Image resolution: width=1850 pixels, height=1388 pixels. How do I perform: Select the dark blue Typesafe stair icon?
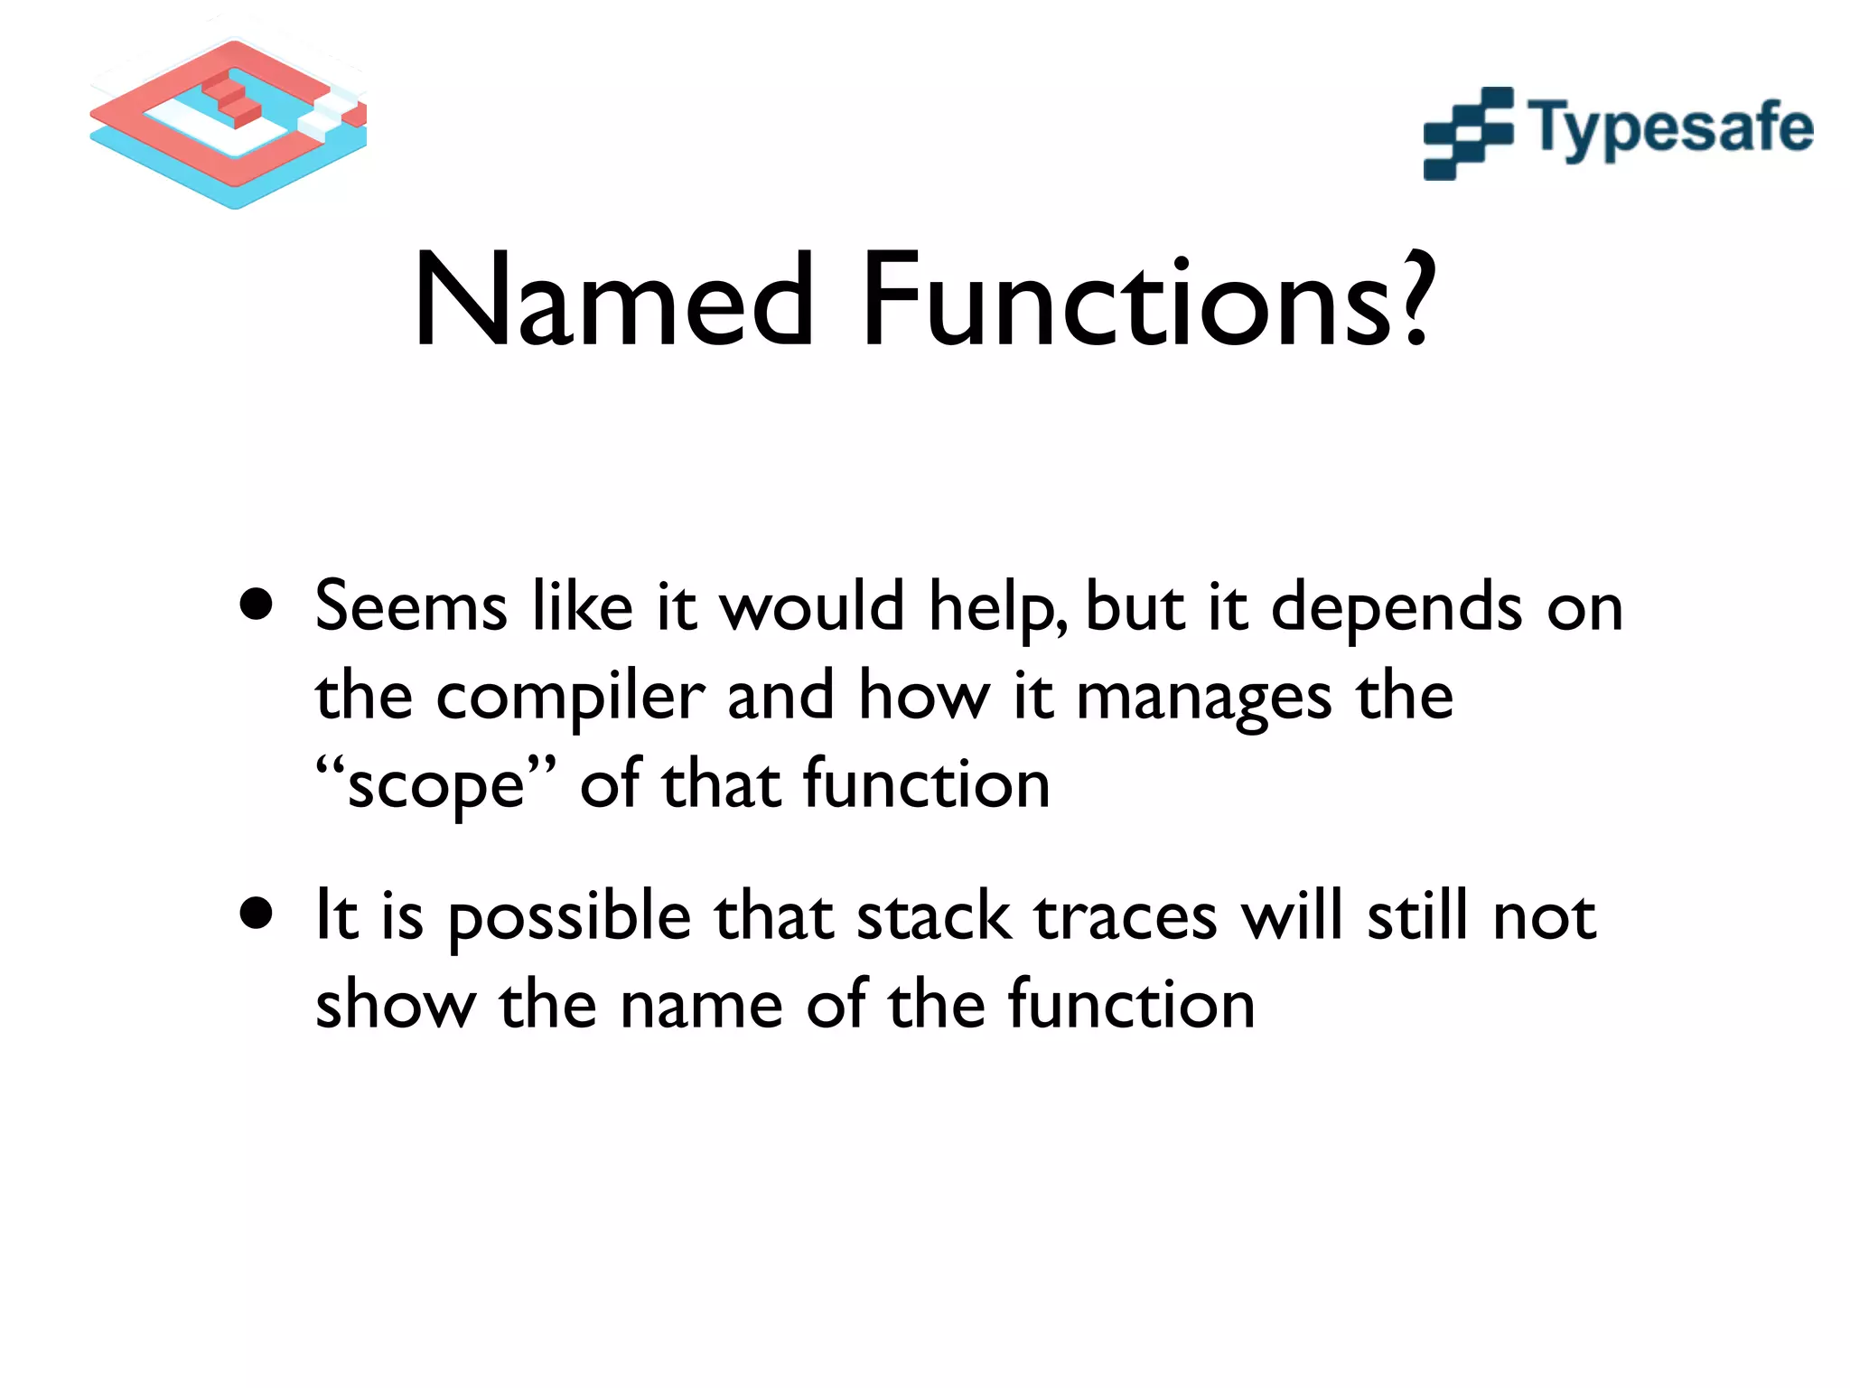(1467, 134)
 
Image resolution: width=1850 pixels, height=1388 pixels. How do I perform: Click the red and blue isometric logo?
(229, 122)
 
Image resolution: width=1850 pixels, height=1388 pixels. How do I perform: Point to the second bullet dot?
(257, 914)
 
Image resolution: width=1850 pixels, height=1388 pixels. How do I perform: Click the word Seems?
(411, 607)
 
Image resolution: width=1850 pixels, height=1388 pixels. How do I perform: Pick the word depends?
(1397, 607)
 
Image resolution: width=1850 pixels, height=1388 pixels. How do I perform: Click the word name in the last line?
(701, 1006)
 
